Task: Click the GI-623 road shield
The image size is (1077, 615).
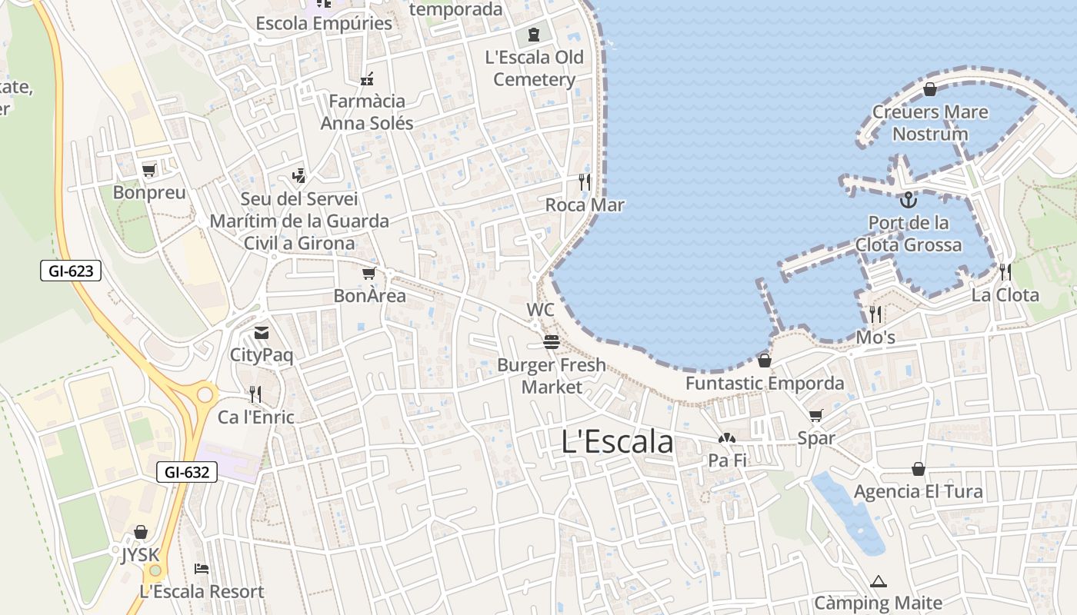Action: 71,271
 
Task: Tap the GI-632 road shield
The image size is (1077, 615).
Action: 187,472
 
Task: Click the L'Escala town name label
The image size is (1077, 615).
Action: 618,442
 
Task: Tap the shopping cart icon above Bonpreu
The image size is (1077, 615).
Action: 149,170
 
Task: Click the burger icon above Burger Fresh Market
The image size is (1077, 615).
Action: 551,342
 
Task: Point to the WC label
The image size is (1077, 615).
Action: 540,310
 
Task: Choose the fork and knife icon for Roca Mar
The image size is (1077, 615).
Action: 585,182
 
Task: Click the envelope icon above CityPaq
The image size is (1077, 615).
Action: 262,333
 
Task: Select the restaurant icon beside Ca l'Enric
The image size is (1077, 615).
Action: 255,394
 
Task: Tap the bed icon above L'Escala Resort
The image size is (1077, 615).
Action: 202,569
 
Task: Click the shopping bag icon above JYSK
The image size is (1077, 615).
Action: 140,532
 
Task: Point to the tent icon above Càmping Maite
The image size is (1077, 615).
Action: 879,581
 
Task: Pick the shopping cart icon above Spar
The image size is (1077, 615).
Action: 815,415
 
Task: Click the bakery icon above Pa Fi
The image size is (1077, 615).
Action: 727,438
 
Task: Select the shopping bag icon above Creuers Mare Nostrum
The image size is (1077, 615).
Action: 929,90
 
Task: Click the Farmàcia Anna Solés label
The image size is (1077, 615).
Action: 367,112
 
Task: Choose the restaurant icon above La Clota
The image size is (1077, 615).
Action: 1005,272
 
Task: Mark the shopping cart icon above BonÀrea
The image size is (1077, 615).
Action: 369,273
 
